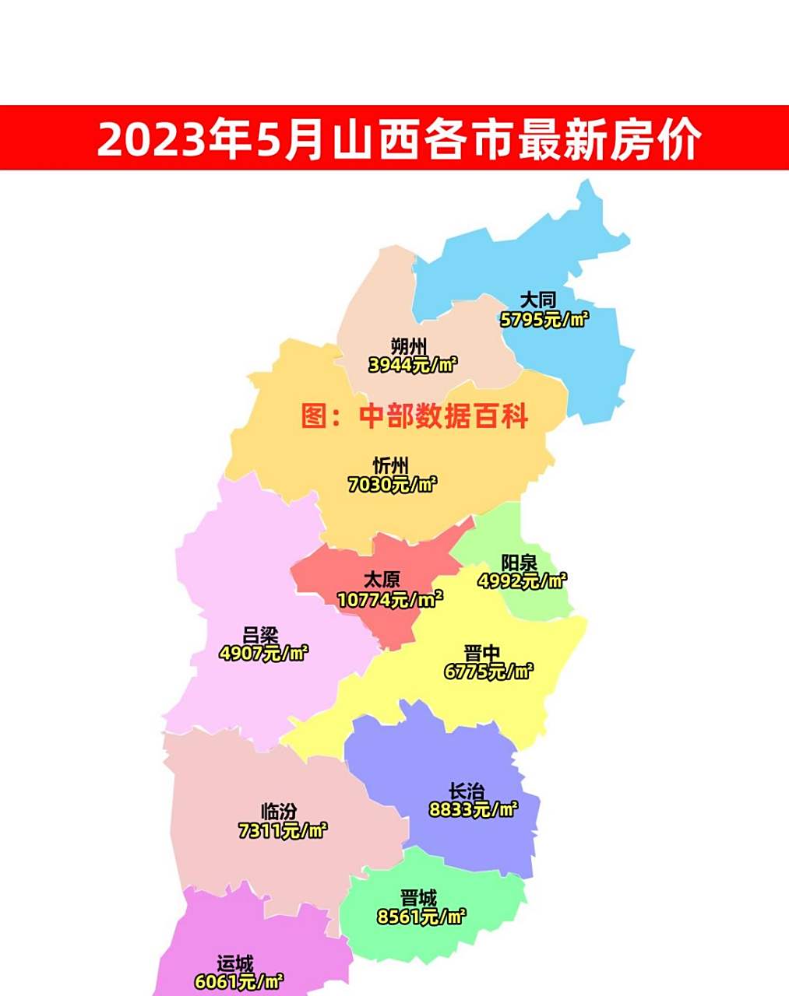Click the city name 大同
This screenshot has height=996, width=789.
[537, 300]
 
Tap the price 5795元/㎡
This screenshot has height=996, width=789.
[544, 319]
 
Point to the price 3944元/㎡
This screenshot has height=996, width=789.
[413, 365]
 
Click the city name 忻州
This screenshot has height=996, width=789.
[390, 466]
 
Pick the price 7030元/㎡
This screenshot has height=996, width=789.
[393, 485]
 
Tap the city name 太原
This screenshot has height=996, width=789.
[382, 580]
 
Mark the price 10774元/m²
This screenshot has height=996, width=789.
[389, 600]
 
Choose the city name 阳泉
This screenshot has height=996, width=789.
[519, 563]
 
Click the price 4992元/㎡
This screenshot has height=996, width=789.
[522, 581]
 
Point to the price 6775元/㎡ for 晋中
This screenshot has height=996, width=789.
[489, 672]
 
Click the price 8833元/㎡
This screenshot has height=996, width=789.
[474, 810]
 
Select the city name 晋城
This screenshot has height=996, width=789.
[418, 899]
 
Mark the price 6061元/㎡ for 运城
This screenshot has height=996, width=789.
[238, 982]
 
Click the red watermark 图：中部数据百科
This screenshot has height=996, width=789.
[414, 416]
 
